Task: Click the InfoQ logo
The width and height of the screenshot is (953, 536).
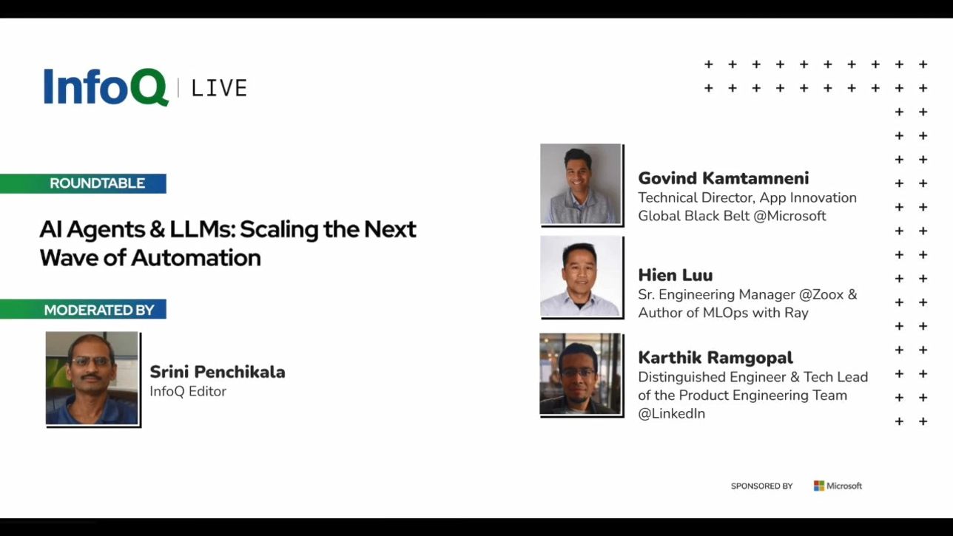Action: click(106, 86)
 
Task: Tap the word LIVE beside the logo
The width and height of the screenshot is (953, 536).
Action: click(219, 89)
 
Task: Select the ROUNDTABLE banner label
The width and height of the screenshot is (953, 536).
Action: click(98, 183)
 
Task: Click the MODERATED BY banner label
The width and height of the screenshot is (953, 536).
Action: click(99, 310)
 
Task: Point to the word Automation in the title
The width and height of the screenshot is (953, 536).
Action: click(196, 257)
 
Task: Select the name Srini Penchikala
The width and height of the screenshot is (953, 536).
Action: click(218, 372)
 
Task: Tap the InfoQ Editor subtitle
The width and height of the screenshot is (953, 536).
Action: click(188, 391)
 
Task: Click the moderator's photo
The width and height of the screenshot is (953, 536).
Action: click(92, 378)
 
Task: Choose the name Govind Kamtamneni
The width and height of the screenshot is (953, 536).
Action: click(724, 178)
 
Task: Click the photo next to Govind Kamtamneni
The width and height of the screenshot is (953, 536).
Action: click(581, 183)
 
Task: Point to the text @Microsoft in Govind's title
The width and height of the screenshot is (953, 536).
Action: click(789, 216)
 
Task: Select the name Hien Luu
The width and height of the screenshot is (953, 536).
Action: click(676, 275)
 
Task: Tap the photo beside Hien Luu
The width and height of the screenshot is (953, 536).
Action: click(581, 277)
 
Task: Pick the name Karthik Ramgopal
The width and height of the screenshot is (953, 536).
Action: click(715, 358)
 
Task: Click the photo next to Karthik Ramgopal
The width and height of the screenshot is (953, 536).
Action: click(580, 373)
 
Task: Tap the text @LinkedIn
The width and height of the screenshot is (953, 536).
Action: click(671, 413)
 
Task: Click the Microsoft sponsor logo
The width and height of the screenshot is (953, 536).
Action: click(838, 486)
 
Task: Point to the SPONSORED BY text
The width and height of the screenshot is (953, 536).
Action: click(761, 486)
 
